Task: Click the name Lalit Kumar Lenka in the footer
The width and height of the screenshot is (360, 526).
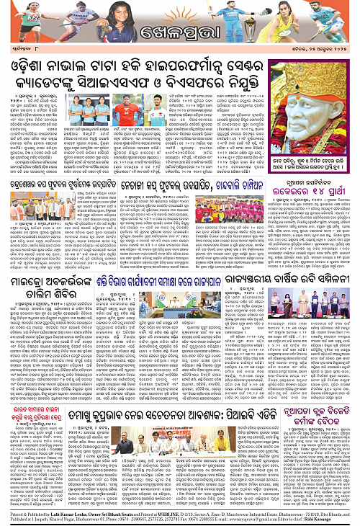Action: pyautogui.click(x=60, y=508)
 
